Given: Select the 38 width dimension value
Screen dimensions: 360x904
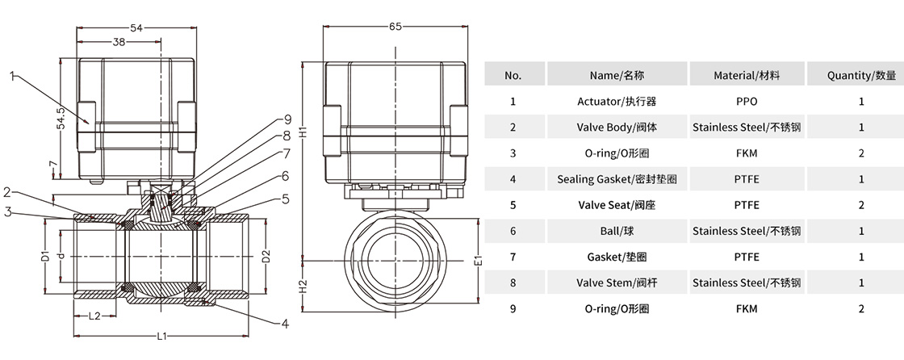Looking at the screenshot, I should (x=118, y=42).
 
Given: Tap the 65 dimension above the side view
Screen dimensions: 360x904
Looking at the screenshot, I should (x=395, y=27).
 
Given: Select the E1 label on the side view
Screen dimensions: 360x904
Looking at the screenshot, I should (x=477, y=261).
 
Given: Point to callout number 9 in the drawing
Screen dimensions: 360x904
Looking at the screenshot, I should (x=287, y=121).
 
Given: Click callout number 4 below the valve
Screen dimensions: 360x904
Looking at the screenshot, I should (x=284, y=324).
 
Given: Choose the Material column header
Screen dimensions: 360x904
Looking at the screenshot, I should (x=747, y=75).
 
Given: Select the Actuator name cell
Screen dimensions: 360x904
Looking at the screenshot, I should (x=617, y=101).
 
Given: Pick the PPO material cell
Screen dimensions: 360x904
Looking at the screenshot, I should (x=747, y=101).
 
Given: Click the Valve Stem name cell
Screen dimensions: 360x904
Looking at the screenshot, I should (x=617, y=283).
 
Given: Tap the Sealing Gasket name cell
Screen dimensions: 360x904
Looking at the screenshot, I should (x=617, y=179).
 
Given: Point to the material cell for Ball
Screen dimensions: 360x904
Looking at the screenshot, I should (x=747, y=231).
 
